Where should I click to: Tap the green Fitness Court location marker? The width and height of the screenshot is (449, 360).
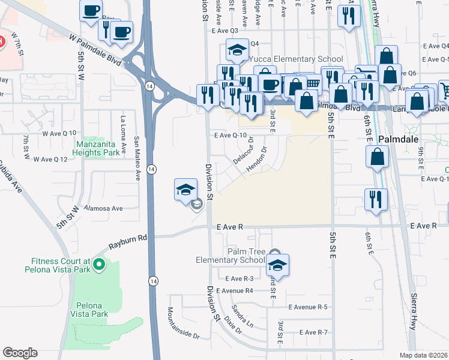(x=100, y=263)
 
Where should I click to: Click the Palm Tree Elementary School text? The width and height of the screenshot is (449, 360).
(x=230, y=255)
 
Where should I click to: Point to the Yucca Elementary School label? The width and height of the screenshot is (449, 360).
(x=295, y=59)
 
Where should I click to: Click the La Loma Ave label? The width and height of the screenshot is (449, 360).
(x=124, y=133)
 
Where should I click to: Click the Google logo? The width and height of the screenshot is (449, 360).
(x=20, y=353)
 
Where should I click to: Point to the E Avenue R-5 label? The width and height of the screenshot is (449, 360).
(x=307, y=307)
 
